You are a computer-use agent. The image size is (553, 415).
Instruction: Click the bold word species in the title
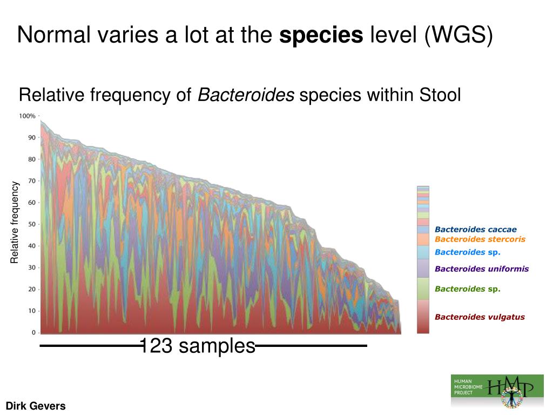(321, 36)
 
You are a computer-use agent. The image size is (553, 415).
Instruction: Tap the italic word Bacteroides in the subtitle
(246, 96)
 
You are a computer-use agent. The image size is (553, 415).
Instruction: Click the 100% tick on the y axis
(27, 116)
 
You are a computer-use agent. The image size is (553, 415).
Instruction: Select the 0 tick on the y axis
(33, 332)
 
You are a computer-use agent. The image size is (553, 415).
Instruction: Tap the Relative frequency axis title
(15, 223)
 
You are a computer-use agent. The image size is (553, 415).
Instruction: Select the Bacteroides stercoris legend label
(480, 239)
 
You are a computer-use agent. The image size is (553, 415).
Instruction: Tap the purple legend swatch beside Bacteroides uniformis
(423, 268)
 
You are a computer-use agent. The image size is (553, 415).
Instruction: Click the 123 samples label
(197, 346)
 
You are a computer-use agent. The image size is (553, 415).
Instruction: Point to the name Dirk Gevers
(36, 406)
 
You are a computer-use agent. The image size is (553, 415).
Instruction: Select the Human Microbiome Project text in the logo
(468, 387)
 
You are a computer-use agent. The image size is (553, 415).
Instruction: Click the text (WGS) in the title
(458, 36)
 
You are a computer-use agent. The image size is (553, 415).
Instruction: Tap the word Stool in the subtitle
(440, 96)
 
